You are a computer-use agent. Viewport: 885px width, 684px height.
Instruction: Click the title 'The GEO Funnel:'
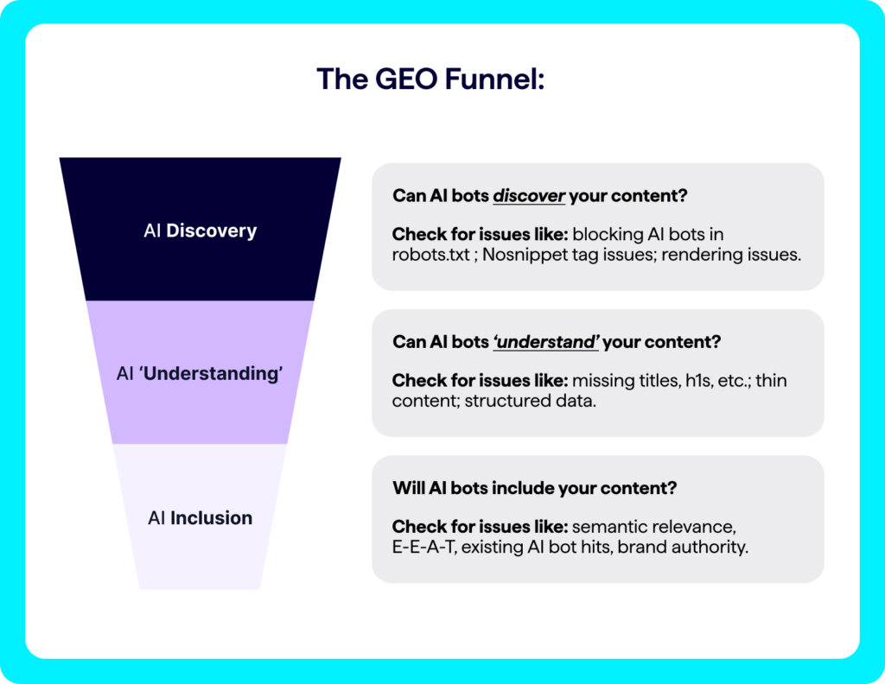[441, 79]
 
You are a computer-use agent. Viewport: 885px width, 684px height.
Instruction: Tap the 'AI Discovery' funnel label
[200, 231]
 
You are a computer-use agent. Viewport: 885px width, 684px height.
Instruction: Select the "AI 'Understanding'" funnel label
[200, 374]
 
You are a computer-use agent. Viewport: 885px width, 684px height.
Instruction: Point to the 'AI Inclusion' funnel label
[200, 518]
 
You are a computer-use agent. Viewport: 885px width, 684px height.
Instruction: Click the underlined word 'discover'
[529, 196]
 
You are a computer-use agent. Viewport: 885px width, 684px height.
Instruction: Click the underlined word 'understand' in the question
[545, 342]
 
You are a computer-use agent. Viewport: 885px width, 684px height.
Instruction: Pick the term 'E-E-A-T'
[423, 548]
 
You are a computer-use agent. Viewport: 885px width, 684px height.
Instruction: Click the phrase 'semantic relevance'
[653, 527]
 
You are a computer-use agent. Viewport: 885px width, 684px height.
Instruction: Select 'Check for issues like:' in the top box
[480, 235]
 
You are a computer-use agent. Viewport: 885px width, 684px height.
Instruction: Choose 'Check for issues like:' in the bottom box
[480, 527]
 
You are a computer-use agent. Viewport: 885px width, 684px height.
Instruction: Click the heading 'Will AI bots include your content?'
[534, 488]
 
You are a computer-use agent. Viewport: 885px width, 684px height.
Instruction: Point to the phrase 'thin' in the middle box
[771, 381]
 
